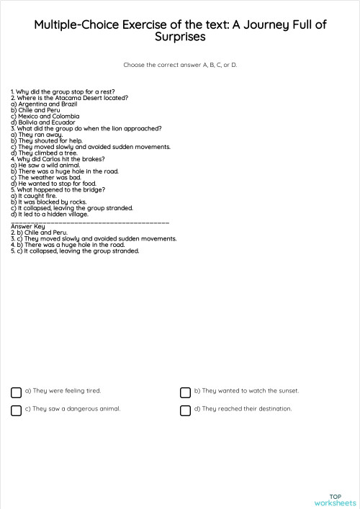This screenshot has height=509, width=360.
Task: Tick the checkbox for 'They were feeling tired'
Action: click(16, 392)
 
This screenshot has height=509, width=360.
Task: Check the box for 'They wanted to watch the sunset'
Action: click(185, 392)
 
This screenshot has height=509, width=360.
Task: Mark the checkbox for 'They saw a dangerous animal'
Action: click(16, 410)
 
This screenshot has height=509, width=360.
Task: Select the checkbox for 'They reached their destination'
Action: click(185, 410)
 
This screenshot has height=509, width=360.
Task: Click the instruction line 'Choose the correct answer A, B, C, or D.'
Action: click(180, 65)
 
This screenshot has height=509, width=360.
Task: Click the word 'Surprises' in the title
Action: click(180, 37)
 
